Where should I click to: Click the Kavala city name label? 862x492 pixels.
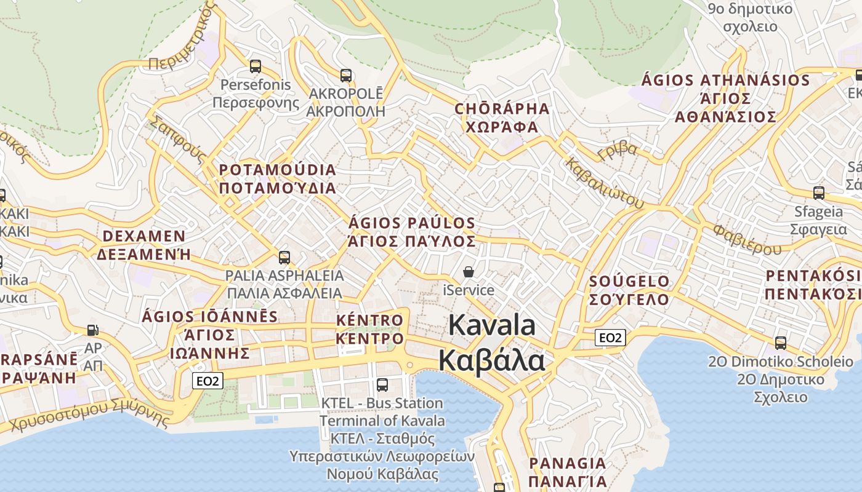point(492,343)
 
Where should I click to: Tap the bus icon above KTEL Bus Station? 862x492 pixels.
point(382,385)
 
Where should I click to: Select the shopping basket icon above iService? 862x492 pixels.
point(469,271)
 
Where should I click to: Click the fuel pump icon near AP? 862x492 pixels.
point(93,330)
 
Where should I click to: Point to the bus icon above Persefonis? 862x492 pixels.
point(255,66)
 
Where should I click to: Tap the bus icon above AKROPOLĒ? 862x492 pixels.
point(346,76)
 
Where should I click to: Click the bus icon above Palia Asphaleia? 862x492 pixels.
point(284,257)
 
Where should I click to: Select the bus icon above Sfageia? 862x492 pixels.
point(819,192)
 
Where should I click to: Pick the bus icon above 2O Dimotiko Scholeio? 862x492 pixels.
point(781,343)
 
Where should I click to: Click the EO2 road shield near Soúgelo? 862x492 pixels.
point(611,337)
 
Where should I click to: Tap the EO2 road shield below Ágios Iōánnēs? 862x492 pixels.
point(207,381)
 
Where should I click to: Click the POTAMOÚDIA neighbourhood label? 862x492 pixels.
point(278,178)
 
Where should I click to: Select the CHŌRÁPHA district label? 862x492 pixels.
point(502,117)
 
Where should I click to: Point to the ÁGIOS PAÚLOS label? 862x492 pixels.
point(412,232)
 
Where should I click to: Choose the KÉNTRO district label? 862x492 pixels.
point(370,329)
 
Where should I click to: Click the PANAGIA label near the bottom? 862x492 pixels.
point(568,472)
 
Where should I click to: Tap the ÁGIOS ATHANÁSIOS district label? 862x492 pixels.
point(726,98)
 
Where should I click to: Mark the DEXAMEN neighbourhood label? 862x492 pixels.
point(144,245)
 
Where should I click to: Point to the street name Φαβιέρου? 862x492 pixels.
point(747,240)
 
